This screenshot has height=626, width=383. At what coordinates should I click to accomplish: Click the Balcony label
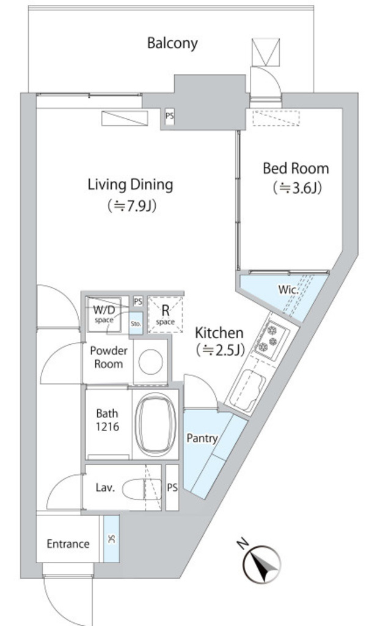point(172,43)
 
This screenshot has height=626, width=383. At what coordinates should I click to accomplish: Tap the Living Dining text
point(131,185)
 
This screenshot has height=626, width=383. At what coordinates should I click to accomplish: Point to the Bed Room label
point(296,169)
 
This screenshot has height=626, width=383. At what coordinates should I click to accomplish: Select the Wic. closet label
point(288,289)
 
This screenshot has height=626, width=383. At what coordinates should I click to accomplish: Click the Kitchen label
point(219,333)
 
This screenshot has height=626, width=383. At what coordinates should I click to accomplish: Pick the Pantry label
point(202,438)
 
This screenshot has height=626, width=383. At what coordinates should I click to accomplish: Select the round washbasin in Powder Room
point(150,362)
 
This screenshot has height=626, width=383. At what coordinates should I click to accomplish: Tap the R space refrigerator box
point(165,314)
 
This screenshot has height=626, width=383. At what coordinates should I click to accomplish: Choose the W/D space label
point(104,314)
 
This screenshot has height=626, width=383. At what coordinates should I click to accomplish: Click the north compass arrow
point(262,564)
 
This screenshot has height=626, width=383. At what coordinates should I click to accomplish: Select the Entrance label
point(68,543)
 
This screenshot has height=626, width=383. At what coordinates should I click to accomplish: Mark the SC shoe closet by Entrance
point(111,539)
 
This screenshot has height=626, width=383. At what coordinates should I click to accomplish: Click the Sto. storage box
point(136,324)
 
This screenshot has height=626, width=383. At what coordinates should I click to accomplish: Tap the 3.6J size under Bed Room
point(297,188)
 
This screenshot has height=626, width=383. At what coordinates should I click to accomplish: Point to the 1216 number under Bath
point(108,427)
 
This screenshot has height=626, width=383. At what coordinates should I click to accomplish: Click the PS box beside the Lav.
point(172,487)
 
